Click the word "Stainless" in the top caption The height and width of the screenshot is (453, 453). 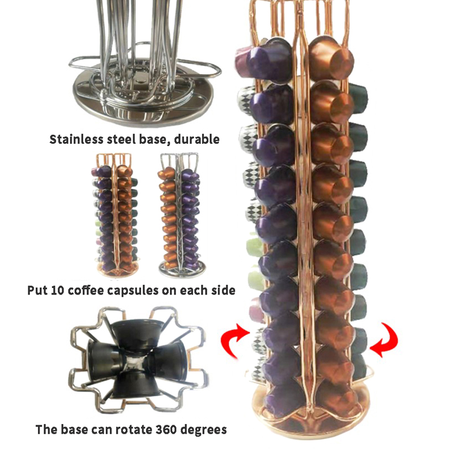tap(76, 139)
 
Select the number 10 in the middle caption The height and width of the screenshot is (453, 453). tap(58, 290)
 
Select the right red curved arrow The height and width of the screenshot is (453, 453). tap(385, 341)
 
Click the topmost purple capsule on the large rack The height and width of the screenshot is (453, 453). tap(270, 61)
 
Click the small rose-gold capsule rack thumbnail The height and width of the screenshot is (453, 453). tap(115, 215)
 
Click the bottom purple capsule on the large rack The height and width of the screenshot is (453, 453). tap(285, 400)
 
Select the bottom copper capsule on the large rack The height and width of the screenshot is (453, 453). tap(338, 399)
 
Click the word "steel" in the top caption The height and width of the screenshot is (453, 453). tap(121, 139)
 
